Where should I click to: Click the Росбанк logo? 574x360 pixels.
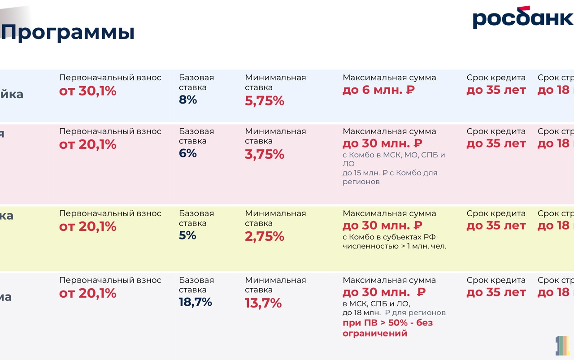pyautogui.click(x=522, y=18)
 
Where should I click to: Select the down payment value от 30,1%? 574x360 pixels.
pyautogui.click(x=88, y=91)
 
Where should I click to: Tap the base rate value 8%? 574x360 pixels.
pyautogui.click(x=188, y=100)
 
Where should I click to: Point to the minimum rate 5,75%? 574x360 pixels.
pyautogui.click(x=265, y=101)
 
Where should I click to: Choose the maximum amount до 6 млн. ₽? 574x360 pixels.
pyautogui.click(x=378, y=90)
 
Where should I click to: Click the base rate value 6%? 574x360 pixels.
pyautogui.click(x=188, y=153)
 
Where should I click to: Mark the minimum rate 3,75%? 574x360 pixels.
pyautogui.click(x=265, y=155)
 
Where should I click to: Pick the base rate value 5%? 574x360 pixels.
pyautogui.click(x=187, y=235)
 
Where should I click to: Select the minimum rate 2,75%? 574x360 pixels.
pyautogui.click(x=265, y=237)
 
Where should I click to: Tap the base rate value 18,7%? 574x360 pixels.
pyautogui.click(x=196, y=302)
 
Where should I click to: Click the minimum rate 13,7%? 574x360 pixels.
pyautogui.click(x=263, y=304)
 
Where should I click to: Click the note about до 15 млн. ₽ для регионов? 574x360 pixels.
pyautogui.click(x=390, y=177)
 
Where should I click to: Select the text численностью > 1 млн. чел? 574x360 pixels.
pyautogui.click(x=394, y=246)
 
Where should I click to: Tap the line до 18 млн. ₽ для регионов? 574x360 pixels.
pyautogui.click(x=394, y=312)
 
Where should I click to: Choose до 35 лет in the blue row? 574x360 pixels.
pyautogui.click(x=496, y=90)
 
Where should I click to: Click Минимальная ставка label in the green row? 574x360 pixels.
pyautogui.click(x=275, y=218)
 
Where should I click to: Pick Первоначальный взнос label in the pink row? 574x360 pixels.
pyautogui.click(x=110, y=131)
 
